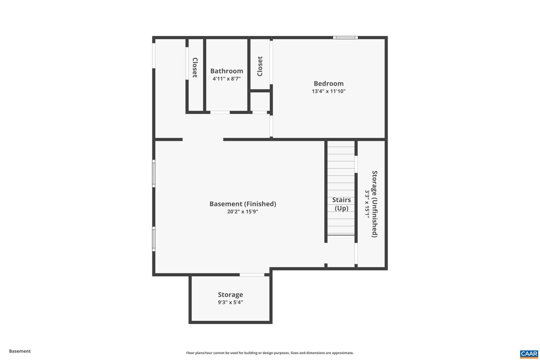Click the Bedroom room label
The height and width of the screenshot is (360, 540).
[x=328, y=84]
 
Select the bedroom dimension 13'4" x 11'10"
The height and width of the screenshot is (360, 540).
[x=328, y=91]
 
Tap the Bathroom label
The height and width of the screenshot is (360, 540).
[x=226, y=71]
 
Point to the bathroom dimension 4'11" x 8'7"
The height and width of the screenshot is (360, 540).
[x=226, y=79]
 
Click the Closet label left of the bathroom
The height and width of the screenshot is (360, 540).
[x=195, y=67]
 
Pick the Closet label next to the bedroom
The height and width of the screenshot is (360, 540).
[x=260, y=66]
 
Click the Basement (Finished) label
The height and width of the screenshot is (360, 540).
[x=243, y=204]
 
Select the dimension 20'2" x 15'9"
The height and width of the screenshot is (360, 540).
[x=243, y=211]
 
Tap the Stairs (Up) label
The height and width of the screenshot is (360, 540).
[x=341, y=204]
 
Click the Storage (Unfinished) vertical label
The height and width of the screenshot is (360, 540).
[x=375, y=204]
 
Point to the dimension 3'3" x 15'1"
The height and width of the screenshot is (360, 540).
[x=367, y=204]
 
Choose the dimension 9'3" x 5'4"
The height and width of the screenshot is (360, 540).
[x=230, y=302]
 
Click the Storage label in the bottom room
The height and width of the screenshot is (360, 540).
[x=230, y=295]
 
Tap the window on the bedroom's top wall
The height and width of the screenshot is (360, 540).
[x=345, y=37]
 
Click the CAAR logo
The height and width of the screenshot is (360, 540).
[x=529, y=354]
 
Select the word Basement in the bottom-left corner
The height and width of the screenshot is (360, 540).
[x=20, y=351]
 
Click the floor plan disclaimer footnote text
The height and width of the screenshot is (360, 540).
[x=270, y=353]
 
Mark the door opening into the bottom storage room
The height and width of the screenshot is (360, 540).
[x=252, y=275]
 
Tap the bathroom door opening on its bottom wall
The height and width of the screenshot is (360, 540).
[x=220, y=112]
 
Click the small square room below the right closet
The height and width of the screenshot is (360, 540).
[x=260, y=101]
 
